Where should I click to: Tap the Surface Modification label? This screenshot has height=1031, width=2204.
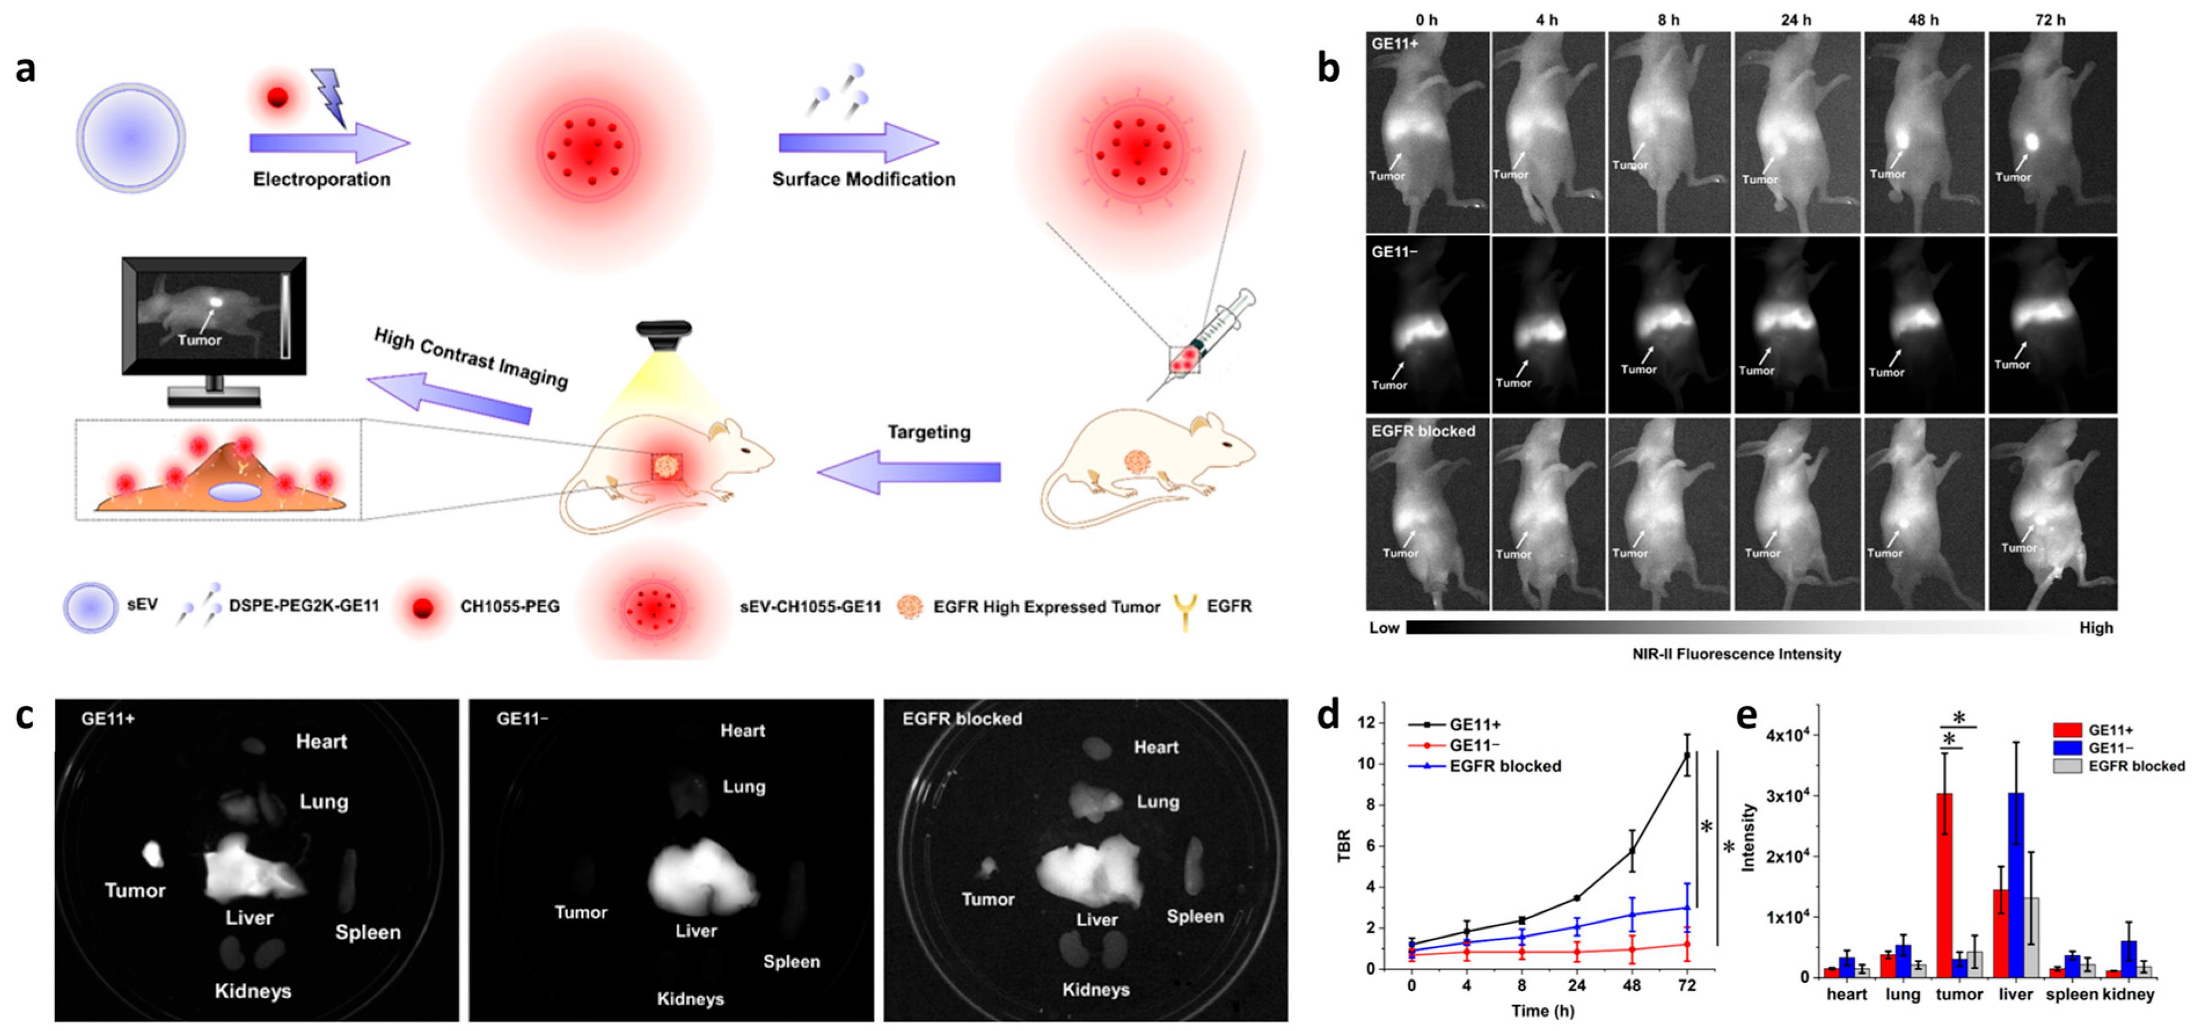click(863, 179)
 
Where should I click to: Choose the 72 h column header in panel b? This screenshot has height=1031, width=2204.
click(2049, 20)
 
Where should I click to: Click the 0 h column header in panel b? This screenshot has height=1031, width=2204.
click(1426, 20)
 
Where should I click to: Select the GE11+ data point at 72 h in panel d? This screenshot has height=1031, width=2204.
click(1686, 755)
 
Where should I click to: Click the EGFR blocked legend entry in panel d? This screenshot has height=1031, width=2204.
click(1504, 766)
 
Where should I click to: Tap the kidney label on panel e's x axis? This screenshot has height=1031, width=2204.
click(2128, 994)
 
